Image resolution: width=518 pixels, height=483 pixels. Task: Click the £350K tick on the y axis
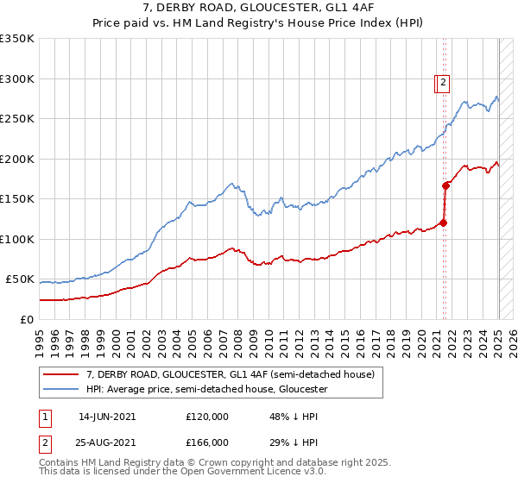pos(17,39)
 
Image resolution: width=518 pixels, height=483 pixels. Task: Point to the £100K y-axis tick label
pos(17,239)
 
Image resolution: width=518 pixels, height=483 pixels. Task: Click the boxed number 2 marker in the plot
pos(443,83)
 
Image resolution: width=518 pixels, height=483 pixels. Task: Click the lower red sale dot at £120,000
pos(444,223)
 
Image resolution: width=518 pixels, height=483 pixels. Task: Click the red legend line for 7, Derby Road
pos(60,374)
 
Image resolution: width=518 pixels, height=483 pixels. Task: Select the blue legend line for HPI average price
pos(60,389)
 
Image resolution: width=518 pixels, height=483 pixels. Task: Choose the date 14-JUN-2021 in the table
pos(107,416)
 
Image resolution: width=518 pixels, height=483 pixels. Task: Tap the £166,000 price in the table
pos(206,442)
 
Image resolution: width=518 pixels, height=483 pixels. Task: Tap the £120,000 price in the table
pos(206,416)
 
